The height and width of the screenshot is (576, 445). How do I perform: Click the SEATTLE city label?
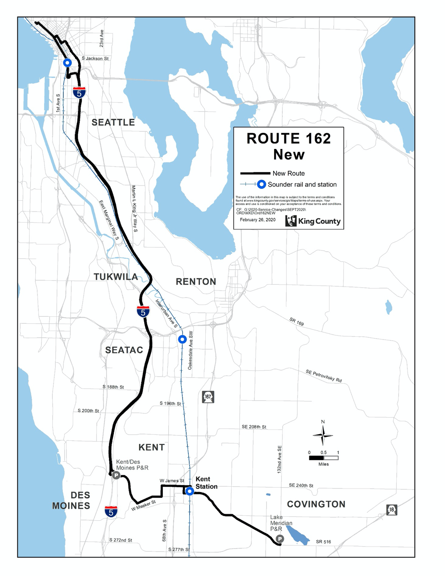[x=113, y=122]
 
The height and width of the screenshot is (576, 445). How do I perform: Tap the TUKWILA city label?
[x=116, y=277]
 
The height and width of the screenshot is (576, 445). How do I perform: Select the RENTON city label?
[x=196, y=282]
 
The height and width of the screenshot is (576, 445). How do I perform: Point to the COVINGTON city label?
[x=316, y=504]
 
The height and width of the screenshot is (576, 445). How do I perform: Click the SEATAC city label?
[x=124, y=350]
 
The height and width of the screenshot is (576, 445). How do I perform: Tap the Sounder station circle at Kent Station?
[x=190, y=491]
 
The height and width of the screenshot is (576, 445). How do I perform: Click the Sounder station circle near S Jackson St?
[x=67, y=63]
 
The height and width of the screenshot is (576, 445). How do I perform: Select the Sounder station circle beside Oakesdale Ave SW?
[x=182, y=340]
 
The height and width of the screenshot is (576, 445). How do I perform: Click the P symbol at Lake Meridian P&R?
[x=279, y=539]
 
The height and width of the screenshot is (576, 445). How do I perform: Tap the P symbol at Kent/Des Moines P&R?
[x=116, y=476]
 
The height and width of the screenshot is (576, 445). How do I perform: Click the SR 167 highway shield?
[x=208, y=397]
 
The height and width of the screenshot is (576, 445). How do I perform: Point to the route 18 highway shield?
[x=391, y=510]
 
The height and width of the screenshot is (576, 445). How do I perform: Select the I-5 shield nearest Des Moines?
[x=111, y=512]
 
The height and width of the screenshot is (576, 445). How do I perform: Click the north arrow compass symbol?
[x=323, y=434]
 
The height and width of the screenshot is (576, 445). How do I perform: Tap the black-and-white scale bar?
[x=324, y=458]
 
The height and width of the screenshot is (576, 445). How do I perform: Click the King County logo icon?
[x=291, y=221]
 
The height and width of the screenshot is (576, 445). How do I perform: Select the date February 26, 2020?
[x=258, y=220]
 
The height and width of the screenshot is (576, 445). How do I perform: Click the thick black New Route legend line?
[x=255, y=173]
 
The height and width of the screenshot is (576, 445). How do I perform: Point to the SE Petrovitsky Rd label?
[x=324, y=376]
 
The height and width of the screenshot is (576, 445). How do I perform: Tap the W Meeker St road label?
[x=143, y=506]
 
